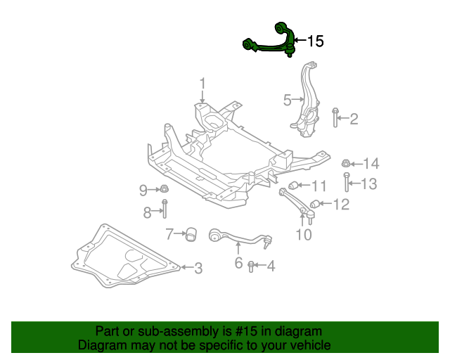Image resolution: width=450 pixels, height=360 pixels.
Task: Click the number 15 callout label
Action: [x=316, y=41]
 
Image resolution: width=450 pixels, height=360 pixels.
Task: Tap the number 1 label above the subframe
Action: [x=202, y=84]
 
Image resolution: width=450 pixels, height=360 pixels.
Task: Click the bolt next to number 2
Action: [x=337, y=119]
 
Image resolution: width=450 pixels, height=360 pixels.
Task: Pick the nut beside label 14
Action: [x=346, y=164]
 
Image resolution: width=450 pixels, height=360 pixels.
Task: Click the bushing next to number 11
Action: [x=295, y=186]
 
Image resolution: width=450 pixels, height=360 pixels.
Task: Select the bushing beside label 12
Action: [x=315, y=205]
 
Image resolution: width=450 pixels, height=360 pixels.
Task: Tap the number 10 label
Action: [x=304, y=235]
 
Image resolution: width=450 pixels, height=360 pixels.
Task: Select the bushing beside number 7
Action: [x=190, y=233]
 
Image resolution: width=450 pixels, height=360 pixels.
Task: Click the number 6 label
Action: [x=238, y=264]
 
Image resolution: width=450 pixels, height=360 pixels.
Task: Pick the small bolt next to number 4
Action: [x=251, y=266]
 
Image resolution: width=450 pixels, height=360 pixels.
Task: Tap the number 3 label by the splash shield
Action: [x=198, y=268]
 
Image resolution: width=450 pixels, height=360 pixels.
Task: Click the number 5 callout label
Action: [x=287, y=100]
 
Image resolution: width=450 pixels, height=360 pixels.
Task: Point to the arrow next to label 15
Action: [x=298, y=41]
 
